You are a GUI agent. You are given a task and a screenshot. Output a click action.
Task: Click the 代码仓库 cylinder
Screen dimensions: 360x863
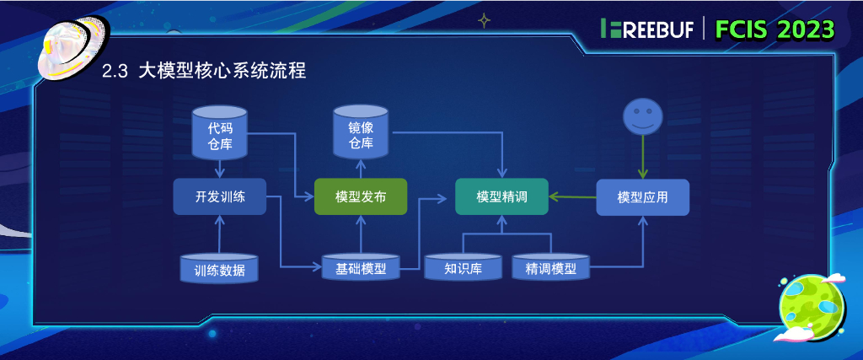219,133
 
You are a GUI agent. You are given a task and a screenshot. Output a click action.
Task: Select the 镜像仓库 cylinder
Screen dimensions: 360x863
361,132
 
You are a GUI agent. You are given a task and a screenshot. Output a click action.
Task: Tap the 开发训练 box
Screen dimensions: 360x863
219,196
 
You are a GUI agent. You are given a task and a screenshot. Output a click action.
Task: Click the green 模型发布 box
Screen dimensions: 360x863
360,196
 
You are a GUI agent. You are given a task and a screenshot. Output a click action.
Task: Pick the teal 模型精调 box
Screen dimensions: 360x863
501,196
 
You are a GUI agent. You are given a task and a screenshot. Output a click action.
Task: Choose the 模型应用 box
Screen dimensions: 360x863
642,196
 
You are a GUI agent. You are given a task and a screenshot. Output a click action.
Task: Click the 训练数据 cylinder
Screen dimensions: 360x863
219,268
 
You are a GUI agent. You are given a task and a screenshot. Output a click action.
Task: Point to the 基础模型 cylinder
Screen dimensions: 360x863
360,268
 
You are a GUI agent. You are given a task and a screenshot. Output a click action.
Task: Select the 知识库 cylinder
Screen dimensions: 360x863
463,268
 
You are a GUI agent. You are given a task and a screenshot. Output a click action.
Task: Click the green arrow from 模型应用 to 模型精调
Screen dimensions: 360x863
573,197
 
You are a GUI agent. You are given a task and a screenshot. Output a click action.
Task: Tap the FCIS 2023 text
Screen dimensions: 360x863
775,30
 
